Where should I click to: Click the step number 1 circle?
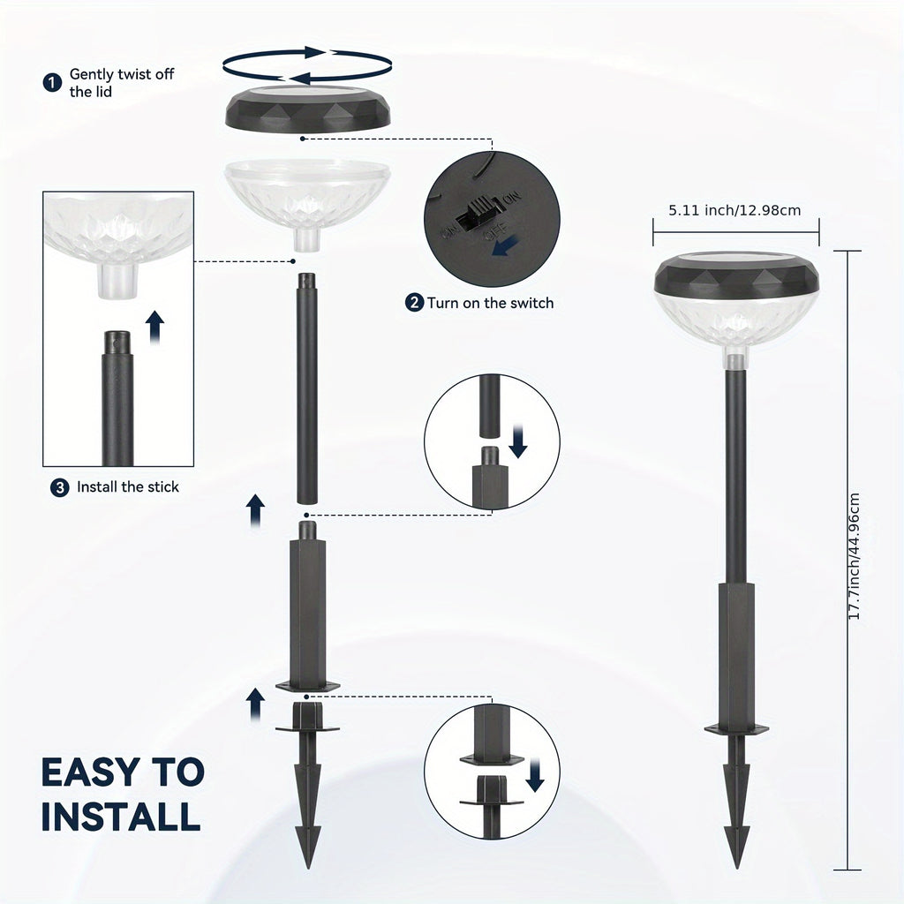[52, 82]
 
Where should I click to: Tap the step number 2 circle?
[414, 302]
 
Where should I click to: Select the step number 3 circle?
[59, 487]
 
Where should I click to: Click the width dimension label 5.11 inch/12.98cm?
[734, 210]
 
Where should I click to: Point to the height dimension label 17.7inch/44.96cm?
[855, 556]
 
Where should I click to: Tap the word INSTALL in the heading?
[121, 816]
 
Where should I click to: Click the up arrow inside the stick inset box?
[154, 327]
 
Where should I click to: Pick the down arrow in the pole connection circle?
[518, 441]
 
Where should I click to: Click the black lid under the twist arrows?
[307, 109]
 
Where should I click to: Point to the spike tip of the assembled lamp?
[737, 867]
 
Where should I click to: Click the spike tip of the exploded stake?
[308, 867]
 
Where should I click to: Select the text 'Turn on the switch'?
[490, 303]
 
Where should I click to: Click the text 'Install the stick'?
[128, 487]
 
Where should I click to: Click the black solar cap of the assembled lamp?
[737, 275]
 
